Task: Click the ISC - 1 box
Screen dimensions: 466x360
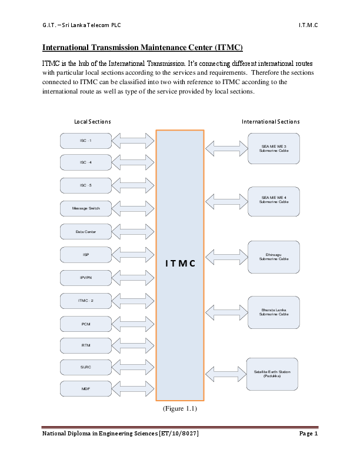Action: point(86,141)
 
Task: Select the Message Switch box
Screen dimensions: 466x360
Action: point(86,209)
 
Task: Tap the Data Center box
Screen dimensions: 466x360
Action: point(86,232)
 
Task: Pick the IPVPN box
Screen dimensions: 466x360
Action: point(86,278)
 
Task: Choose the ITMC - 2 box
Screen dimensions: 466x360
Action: point(86,301)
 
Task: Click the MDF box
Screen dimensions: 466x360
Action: point(86,389)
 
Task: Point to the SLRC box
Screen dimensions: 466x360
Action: point(86,367)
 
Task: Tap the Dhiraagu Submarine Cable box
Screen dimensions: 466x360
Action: point(274,257)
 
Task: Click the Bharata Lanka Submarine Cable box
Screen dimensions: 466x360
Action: point(274,312)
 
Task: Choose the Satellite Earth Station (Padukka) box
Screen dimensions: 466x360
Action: point(272,373)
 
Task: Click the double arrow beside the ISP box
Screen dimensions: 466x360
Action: point(133,255)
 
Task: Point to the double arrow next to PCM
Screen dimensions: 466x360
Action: point(133,324)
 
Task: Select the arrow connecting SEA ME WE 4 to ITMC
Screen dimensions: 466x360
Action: point(225,202)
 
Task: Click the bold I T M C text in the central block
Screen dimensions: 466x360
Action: point(180,263)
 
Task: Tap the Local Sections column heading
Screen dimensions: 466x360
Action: point(92,122)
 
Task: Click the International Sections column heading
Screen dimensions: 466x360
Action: point(271,122)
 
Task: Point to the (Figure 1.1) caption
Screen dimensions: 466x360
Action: point(180,408)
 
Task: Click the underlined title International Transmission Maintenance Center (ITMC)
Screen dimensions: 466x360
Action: point(143,47)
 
